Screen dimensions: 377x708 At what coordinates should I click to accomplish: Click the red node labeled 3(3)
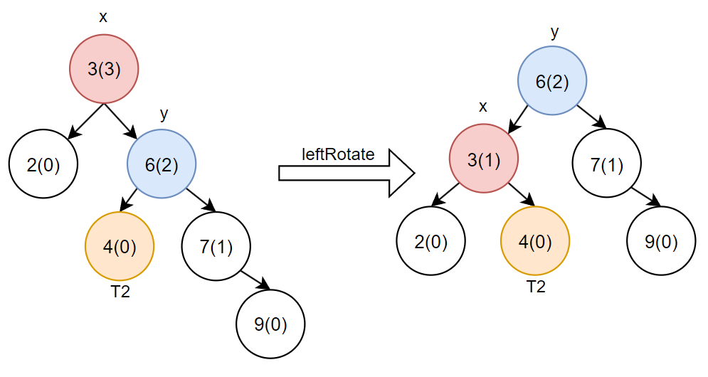(103, 70)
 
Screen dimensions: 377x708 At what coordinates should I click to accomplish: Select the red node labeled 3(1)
(484, 159)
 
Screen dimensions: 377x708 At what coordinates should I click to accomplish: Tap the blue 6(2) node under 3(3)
(162, 164)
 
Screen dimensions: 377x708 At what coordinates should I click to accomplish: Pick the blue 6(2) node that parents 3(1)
(552, 82)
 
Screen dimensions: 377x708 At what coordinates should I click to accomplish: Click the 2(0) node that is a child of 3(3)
(43, 164)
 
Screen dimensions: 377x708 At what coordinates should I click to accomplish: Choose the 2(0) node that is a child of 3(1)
(430, 242)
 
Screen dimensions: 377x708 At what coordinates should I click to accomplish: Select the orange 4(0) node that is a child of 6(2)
(120, 246)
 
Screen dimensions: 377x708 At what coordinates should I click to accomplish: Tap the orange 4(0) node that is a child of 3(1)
(536, 242)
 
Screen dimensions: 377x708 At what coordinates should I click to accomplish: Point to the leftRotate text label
(338, 154)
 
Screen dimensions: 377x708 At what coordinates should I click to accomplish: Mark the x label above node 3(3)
(103, 17)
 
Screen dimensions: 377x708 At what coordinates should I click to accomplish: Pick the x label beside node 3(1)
(483, 107)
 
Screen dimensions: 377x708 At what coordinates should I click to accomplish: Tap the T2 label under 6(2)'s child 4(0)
(120, 292)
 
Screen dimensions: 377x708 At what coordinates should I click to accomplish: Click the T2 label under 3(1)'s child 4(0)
(536, 287)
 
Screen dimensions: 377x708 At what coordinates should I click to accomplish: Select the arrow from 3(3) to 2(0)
(86, 120)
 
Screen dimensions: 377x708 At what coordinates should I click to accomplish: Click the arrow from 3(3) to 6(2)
(121, 120)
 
